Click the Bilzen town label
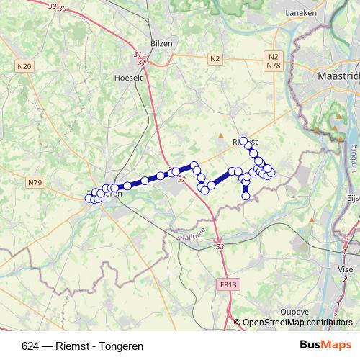coord(161,43)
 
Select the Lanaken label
coord(301,13)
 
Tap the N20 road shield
coord(24,66)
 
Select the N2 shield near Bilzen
coord(215,58)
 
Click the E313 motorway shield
coord(228,285)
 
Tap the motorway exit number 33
coord(220,247)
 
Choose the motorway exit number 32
coord(181,179)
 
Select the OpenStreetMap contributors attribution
coord(297,323)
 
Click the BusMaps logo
coord(325,345)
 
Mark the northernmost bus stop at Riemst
coord(243,140)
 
